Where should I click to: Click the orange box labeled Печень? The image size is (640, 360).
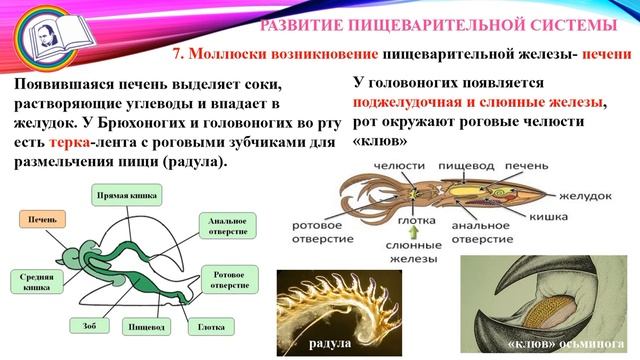click(x=41, y=218)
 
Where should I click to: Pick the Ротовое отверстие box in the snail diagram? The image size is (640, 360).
click(x=231, y=279)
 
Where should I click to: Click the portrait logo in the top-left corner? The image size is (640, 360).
click(x=32, y=34)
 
